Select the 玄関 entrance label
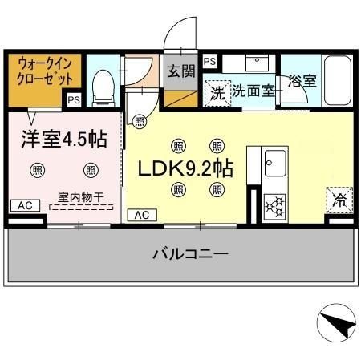(x=181, y=71)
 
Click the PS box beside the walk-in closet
(x=73, y=100)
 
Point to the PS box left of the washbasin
(x=209, y=61)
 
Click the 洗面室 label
(x=254, y=91)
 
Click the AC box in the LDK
(x=141, y=215)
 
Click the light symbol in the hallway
(x=139, y=122)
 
